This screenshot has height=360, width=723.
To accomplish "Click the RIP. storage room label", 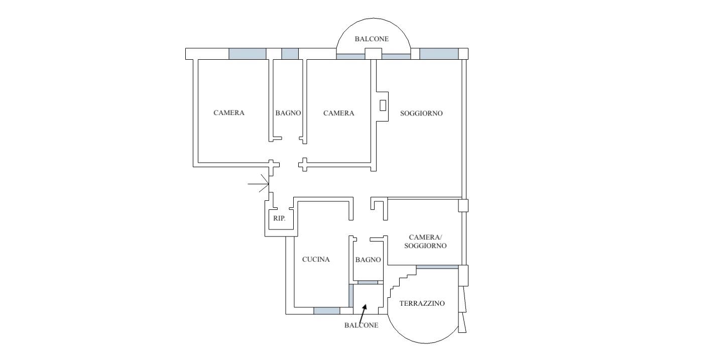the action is [x=279, y=218].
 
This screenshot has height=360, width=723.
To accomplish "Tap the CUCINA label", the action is [x=316, y=259].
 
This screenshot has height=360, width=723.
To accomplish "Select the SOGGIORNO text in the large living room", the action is [x=421, y=113].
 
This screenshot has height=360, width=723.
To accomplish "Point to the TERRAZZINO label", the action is [x=422, y=303].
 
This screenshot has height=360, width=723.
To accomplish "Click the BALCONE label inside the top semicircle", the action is [x=372, y=39].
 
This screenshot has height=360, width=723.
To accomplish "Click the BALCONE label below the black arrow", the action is [x=361, y=325].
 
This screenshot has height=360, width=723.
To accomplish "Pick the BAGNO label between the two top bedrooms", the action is [x=288, y=113].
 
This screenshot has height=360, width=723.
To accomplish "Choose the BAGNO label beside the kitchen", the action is [x=368, y=260].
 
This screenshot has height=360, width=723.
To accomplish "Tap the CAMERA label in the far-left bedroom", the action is [x=229, y=112].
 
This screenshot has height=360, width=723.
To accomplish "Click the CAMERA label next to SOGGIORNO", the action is [x=338, y=113].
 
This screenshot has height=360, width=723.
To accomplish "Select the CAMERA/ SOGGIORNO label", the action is [x=425, y=242].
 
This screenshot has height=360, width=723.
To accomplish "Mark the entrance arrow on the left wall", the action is [x=258, y=184].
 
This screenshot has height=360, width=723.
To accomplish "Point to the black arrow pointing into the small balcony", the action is [x=364, y=312].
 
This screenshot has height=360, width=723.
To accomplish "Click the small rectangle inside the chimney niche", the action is [x=383, y=105].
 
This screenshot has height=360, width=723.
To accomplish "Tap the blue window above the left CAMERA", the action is [x=247, y=54].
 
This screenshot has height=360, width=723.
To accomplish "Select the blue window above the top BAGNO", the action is [x=290, y=54].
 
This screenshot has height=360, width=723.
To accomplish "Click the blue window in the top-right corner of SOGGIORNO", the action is [x=439, y=54].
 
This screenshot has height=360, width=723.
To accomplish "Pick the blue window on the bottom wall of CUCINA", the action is [x=327, y=311].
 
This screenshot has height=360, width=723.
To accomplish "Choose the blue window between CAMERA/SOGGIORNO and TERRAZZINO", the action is [x=437, y=267].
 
